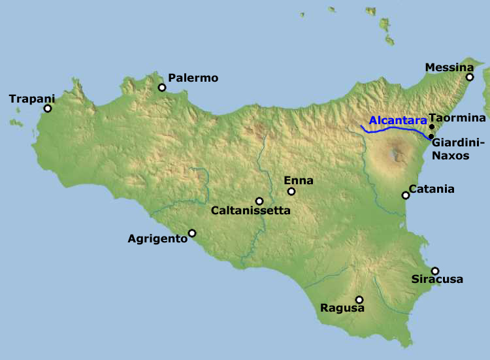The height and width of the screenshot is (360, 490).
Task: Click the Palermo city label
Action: [193, 78]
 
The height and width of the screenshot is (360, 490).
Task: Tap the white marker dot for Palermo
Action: [161, 88]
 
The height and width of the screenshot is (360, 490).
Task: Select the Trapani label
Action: [32, 99]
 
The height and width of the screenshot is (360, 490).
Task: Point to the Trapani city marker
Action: [47, 108]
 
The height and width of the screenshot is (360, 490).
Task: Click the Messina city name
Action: [449, 67]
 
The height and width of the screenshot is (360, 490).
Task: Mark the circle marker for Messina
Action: [469, 77]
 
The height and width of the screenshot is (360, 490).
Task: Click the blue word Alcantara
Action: [397, 120]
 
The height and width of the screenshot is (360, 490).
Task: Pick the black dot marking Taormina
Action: [431, 126]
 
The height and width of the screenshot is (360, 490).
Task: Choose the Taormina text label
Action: [457, 118]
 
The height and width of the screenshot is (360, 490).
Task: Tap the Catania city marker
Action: [406, 195]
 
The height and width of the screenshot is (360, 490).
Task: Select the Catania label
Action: [431, 189]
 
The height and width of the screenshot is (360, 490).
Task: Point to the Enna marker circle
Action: [291, 191]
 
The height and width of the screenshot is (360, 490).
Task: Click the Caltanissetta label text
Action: [250, 211]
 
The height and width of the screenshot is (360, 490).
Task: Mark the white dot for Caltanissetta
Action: [259, 201]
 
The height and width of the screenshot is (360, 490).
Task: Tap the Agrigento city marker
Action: [192, 233]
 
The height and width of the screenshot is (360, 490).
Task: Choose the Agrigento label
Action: [157, 238]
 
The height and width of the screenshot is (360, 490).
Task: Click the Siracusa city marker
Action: [435, 270]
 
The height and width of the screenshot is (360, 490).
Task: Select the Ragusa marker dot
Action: [359, 299]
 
